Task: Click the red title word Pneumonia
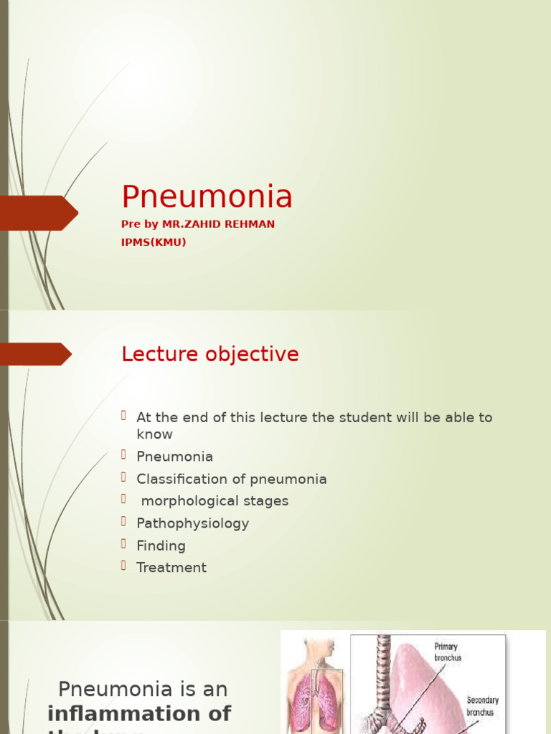click(207, 197)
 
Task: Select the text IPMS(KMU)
click(154, 242)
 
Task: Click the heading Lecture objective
click(209, 354)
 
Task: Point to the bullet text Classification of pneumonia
click(231, 479)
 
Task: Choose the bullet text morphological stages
click(215, 501)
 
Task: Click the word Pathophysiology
click(192, 523)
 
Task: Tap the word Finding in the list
click(161, 545)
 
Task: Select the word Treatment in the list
click(171, 568)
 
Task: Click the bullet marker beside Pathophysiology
click(124, 521)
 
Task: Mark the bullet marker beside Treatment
click(124, 566)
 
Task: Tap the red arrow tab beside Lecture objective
click(36, 354)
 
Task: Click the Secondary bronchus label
click(483, 706)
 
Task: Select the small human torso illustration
click(314, 685)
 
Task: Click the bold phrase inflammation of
click(139, 713)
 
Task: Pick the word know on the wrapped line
click(154, 434)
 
